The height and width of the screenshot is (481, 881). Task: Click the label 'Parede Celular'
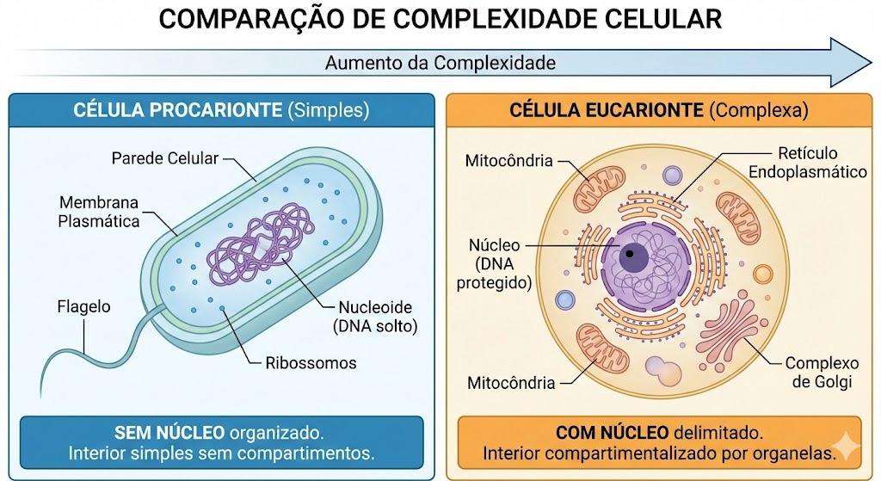(164, 158)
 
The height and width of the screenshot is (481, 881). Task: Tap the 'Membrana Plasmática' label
(99, 212)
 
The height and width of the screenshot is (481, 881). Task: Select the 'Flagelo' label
(83, 307)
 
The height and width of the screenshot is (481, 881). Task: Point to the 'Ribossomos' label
(311, 363)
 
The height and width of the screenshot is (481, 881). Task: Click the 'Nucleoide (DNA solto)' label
(375, 317)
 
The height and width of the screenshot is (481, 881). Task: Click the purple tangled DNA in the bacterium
(259, 244)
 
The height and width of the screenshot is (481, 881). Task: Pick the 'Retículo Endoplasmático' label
(807, 163)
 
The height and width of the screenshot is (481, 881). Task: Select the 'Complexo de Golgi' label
(822, 373)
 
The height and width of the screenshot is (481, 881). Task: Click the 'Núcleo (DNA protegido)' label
(494, 263)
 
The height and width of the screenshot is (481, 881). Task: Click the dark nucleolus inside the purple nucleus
(632, 255)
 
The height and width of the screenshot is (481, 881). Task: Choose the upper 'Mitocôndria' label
(509, 161)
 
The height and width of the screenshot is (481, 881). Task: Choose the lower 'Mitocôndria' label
(511, 383)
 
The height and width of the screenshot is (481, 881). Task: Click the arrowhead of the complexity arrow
(851, 62)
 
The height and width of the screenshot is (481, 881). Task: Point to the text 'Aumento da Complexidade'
(440, 62)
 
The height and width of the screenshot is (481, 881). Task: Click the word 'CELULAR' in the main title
(663, 19)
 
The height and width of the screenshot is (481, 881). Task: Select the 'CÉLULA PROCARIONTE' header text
(177, 109)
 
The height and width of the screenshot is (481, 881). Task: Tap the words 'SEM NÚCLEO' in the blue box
(169, 433)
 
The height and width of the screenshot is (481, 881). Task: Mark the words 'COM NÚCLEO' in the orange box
(612, 433)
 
